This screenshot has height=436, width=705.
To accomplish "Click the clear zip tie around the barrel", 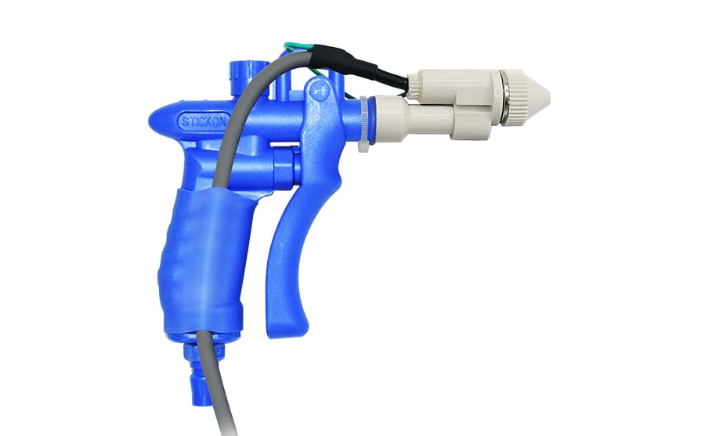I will tap(365, 125).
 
